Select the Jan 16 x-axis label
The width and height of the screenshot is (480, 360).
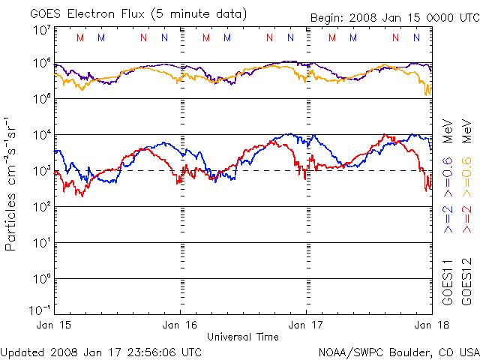181,325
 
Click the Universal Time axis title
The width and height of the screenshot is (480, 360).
242,337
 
